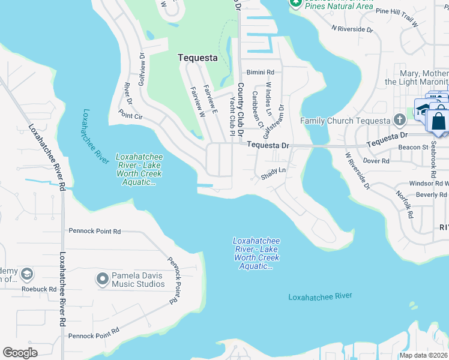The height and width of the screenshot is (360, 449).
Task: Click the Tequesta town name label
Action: coord(197,58)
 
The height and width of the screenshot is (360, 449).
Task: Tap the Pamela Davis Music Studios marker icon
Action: coord(102,279)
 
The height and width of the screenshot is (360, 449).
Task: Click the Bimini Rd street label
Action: coord(262,71)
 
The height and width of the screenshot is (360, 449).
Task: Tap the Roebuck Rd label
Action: coord(44,289)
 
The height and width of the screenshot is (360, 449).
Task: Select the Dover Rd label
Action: coord(377,160)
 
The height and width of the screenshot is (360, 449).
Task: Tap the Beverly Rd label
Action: coord(432,194)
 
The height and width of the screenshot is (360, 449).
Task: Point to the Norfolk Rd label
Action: coord(405,204)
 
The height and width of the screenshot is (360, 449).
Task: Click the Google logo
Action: coord(20,352)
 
